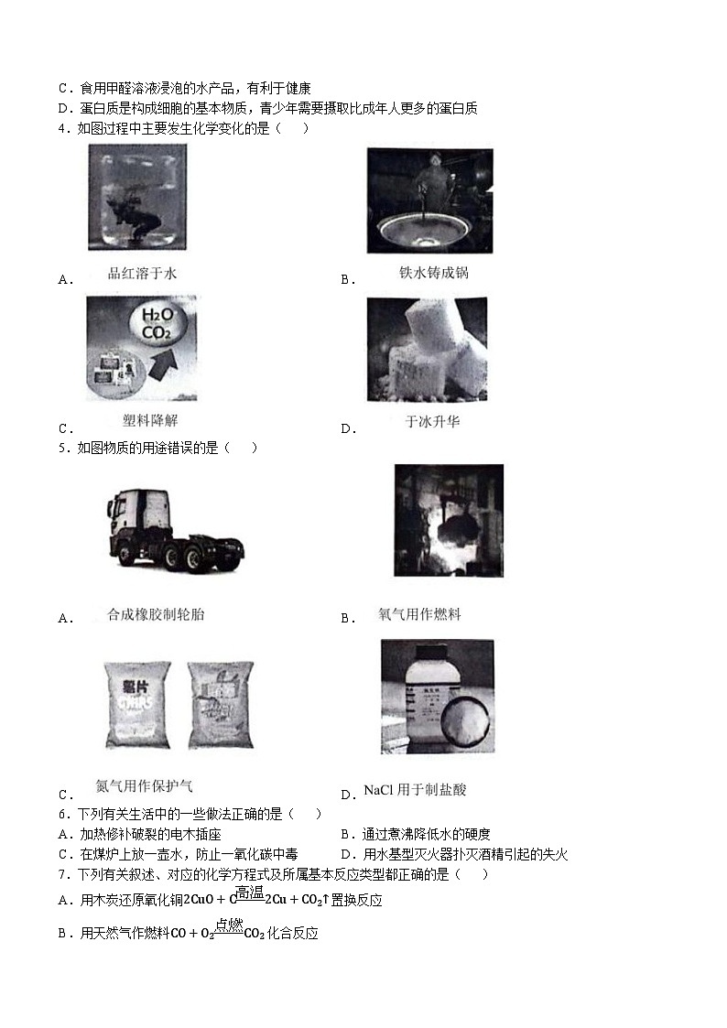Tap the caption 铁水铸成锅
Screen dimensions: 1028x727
pyautogui.click(x=433, y=273)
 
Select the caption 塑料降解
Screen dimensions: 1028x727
pyautogui.click(x=150, y=421)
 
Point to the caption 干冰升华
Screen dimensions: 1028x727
pyautogui.click(x=433, y=422)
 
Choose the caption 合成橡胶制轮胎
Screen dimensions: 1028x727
pyautogui.click(x=156, y=614)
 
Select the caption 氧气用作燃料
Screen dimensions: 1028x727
pyautogui.click(x=419, y=614)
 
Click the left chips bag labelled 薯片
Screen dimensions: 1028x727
pyautogui.click(x=136, y=705)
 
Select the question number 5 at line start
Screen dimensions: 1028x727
pyautogui.click(x=61, y=448)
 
